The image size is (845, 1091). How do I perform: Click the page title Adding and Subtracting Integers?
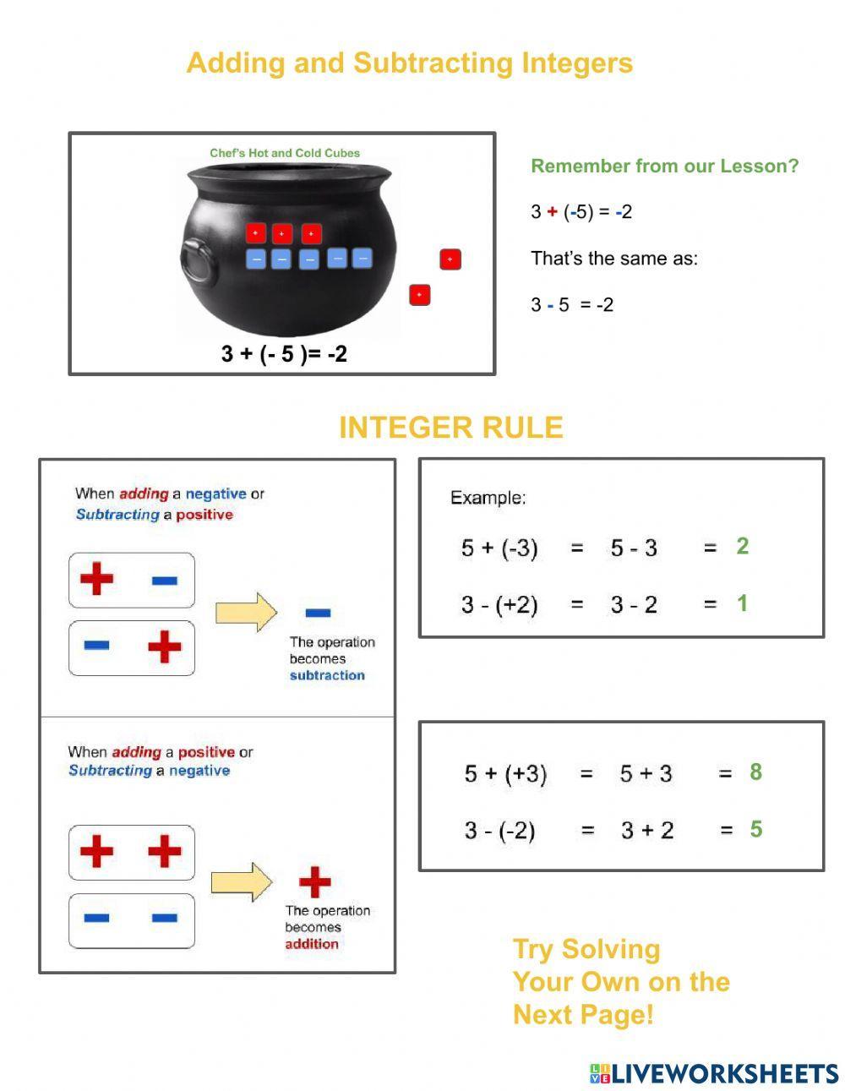point(409,63)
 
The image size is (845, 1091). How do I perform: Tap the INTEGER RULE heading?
point(450,428)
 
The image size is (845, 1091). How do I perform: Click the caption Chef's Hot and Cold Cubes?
point(285,153)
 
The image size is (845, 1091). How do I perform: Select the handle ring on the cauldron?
point(196,259)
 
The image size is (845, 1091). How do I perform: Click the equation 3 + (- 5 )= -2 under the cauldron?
point(284,353)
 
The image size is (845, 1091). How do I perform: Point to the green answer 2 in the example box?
point(742,546)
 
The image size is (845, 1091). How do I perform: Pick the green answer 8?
point(755,772)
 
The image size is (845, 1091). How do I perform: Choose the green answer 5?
point(755,829)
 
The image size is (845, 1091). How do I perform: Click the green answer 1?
point(742,603)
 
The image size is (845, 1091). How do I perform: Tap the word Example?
point(488,498)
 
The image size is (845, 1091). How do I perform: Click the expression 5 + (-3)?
point(499,548)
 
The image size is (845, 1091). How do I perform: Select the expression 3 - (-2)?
point(499,830)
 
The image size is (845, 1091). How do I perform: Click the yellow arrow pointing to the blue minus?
point(246,612)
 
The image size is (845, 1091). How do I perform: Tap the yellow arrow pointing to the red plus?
point(242,882)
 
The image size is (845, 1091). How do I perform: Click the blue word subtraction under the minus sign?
point(327,675)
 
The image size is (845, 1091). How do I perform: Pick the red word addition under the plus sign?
point(311,944)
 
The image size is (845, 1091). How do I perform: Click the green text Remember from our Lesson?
point(664,166)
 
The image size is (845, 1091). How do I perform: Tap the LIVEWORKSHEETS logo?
point(714,1073)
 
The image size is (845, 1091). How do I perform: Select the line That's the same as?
point(614,259)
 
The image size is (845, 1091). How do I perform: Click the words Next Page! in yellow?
point(583,1014)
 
